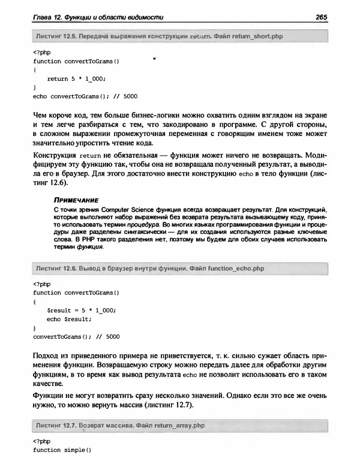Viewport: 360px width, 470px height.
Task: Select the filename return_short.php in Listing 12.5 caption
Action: click(251, 37)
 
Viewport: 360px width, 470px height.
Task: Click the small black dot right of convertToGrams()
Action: click(155, 59)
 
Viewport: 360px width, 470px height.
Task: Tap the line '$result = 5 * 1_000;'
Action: click(81, 311)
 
